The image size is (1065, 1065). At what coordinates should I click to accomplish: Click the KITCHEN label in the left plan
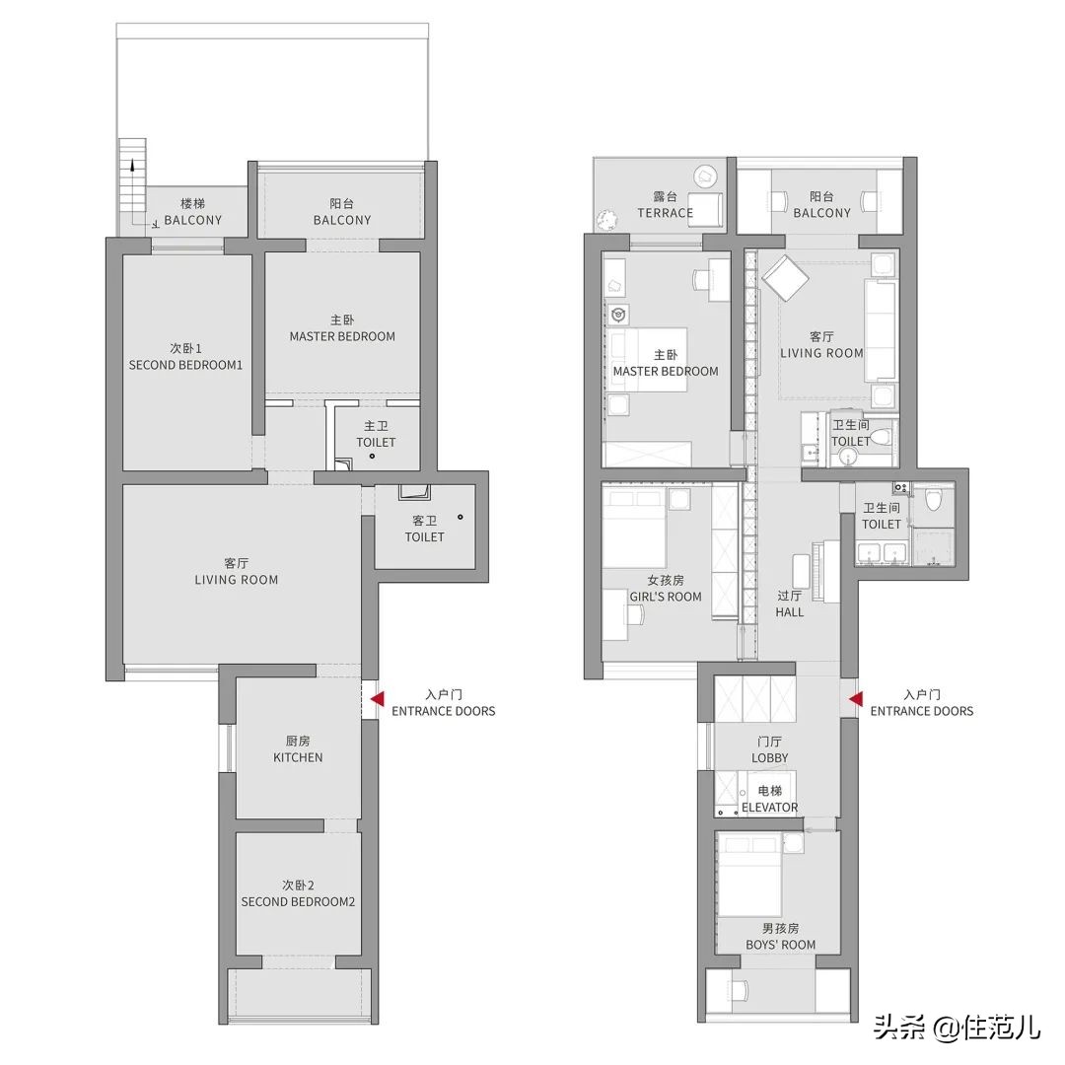tap(298, 757)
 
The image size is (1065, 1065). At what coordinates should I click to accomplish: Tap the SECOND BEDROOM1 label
tap(185, 365)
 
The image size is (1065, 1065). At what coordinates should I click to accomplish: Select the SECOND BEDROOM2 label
tap(298, 902)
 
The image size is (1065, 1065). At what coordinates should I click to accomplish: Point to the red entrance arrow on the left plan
tap(377, 699)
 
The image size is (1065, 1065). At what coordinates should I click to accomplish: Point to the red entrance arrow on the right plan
tap(856, 699)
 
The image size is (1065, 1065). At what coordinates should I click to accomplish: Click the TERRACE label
tap(665, 213)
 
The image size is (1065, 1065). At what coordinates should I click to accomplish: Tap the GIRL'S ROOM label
tap(665, 597)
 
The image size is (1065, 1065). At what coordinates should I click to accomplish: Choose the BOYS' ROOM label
tap(780, 945)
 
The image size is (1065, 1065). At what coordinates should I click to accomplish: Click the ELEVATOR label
tap(769, 807)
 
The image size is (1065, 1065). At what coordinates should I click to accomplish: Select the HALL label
tap(789, 612)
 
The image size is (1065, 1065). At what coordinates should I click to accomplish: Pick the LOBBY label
tap(769, 757)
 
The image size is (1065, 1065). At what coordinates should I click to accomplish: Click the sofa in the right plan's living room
tap(880, 330)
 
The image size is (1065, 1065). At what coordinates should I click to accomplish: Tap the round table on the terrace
tap(705, 177)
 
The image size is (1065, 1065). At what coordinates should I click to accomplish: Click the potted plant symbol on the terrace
tap(605, 219)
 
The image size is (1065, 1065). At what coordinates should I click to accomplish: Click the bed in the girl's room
tap(635, 530)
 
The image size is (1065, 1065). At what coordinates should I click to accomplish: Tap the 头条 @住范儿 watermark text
tap(957, 1028)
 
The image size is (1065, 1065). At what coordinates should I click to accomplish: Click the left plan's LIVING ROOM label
tap(237, 580)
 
